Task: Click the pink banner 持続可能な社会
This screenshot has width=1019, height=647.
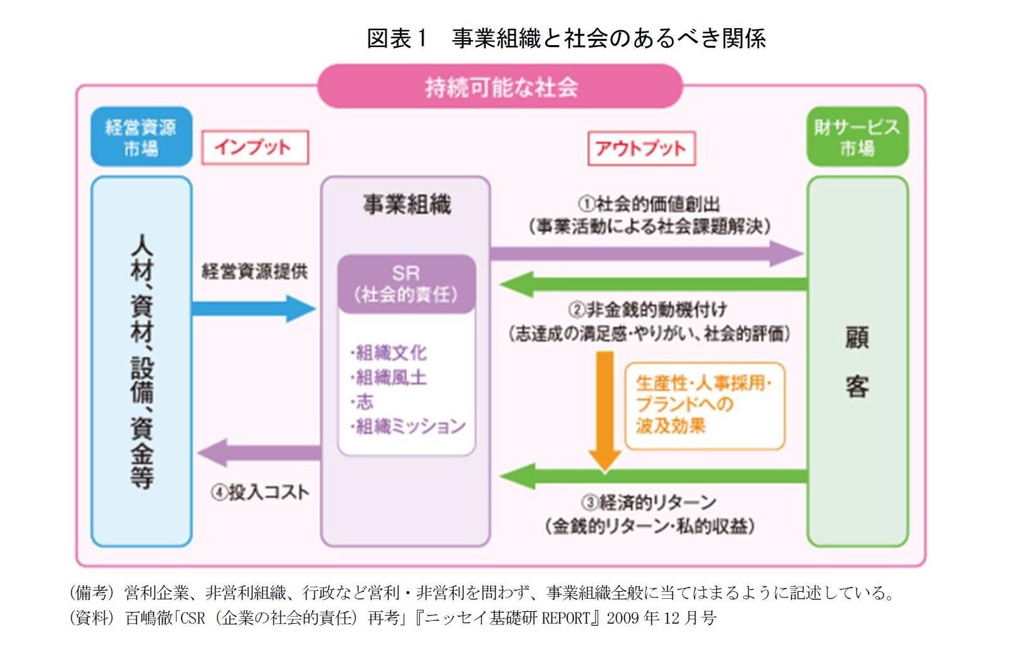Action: (x=500, y=87)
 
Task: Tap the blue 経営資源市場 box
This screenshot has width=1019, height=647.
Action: (x=141, y=137)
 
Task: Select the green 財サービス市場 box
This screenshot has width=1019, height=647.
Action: (x=857, y=137)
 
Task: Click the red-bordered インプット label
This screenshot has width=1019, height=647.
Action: (x=254, y=147)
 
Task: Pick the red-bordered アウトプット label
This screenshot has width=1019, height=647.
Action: (x=641, y=148)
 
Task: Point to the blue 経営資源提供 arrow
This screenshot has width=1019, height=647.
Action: (x=253, y=308)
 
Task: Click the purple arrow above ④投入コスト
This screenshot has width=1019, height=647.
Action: (x=259, y=453)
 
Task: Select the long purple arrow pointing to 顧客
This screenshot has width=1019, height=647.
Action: (x=645, y=254)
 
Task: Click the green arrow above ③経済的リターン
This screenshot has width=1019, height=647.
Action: (x=652, y=476)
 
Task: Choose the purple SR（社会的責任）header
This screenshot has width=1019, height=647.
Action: (x=406, y=284)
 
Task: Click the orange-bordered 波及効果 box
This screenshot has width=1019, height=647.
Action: (x=704, y=405)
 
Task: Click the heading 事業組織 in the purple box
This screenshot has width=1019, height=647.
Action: (x=407, y=204)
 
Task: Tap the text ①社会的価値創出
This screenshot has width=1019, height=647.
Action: (x=649, y=204)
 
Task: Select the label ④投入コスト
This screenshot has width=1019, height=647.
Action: (x=260, y=493)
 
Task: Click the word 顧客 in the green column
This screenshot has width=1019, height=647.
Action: (x=857, y=362)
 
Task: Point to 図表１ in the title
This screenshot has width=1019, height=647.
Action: (x=396, y=38)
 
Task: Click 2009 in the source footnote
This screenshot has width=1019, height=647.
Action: (x=622, y=618)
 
